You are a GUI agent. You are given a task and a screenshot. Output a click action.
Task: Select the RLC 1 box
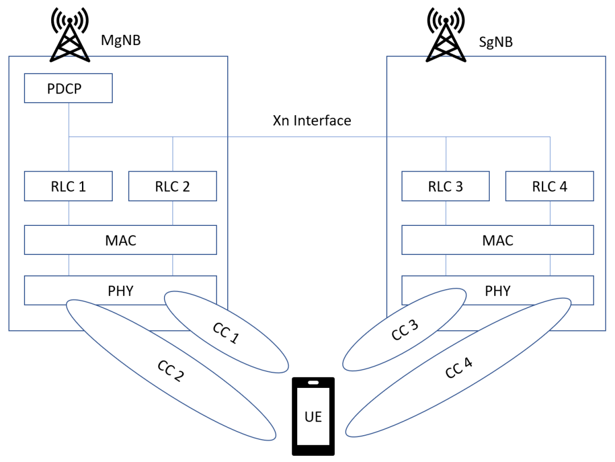68,187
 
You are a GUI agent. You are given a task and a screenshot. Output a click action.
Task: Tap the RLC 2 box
173,187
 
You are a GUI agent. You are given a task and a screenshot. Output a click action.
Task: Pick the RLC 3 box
445,187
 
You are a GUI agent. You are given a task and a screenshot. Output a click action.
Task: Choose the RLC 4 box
550,187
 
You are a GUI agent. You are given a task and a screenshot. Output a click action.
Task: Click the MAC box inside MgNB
120,240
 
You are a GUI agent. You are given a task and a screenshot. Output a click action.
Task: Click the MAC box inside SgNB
498,240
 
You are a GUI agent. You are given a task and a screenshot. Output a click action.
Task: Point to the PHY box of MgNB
120,290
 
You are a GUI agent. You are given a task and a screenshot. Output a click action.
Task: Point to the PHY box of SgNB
498,290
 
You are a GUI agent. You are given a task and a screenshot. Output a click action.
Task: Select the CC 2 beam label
171,371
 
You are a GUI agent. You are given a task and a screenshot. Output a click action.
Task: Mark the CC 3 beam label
405,330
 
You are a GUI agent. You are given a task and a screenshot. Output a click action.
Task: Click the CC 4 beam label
459,368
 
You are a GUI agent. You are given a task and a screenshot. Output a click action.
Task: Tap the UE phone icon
313,416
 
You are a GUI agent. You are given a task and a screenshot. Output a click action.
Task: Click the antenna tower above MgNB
70,35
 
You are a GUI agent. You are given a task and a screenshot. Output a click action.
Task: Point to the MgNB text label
120,40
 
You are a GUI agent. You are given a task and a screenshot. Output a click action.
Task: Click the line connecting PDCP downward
68,120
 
